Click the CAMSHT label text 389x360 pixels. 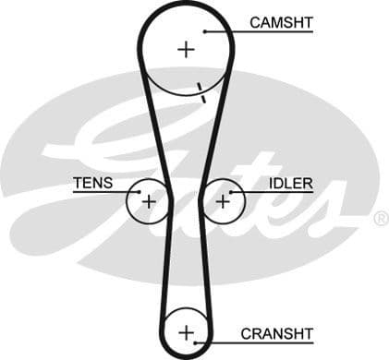pos(282,21)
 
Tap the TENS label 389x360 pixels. pos(92,183)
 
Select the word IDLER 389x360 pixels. pos(290,183)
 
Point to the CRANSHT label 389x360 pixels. pos(276,333)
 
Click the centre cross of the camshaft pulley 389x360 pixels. pos(187,48)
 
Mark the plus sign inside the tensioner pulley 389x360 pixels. pos(148,199)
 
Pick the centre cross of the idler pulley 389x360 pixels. pos(223,199)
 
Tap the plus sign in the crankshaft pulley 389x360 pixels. pos(187,330)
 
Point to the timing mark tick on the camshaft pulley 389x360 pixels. pos(200,90)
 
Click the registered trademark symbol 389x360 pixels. pos(380,219)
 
